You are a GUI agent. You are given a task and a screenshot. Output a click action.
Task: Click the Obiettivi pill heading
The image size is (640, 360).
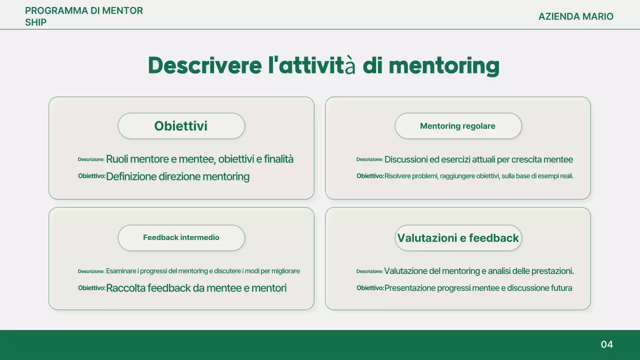[181, 126]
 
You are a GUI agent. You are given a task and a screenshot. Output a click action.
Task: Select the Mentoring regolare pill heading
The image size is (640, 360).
[457, 126]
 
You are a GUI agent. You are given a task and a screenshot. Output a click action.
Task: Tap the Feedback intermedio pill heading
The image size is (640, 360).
[181, 237]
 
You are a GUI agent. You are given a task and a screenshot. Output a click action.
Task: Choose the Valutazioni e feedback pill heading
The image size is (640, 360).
[458, 238]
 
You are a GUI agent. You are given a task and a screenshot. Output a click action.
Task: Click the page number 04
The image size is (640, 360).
[606, 344]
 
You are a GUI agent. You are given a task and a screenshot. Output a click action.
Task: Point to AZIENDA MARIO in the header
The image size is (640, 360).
[575, 16]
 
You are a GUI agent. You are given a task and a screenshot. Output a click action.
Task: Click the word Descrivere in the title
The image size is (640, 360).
[204, 66]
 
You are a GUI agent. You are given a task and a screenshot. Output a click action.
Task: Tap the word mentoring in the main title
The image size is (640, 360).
[444, 66]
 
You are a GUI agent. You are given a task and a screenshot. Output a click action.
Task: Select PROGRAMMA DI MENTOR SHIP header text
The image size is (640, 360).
[83, 16]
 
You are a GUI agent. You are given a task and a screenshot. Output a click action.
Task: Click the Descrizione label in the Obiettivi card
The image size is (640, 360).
[91, 159]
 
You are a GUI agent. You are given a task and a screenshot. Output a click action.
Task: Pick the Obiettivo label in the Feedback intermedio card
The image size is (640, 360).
[91, 288]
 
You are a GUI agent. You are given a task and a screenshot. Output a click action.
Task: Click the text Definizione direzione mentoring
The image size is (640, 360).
[177, 176]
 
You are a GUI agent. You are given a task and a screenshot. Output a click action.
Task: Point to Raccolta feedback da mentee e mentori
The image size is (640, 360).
[196, 288]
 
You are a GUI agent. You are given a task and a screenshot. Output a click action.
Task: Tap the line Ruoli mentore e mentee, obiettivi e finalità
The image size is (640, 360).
[199, 159]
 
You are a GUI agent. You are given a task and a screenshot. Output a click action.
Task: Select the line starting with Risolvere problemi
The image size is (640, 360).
[478, 176]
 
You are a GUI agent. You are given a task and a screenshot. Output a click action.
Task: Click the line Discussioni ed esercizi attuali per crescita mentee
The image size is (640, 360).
[478, 159]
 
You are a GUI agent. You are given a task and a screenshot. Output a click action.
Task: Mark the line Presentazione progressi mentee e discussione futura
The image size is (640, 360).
[478, 288]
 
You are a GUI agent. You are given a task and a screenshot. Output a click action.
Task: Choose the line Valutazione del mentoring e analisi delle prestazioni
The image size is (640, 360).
[478, 271]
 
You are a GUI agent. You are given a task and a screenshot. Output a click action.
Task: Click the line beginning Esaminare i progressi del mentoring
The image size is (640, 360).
[202, 271]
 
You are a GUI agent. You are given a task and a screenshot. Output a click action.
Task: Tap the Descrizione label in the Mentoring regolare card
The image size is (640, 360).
[369, 159]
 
